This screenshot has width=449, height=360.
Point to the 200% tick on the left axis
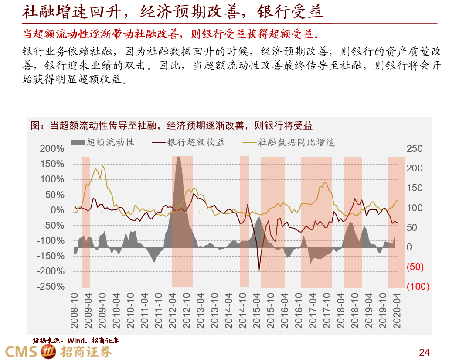point(52,149)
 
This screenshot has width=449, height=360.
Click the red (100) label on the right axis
point(418,287)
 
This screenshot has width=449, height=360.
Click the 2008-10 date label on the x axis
point(75,310)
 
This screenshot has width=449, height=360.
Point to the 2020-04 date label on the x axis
point(397,310)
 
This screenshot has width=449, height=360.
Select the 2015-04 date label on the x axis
point(257,310)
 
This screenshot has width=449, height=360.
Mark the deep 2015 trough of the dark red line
point(259,271)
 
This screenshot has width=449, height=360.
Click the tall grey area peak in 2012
point(178,157)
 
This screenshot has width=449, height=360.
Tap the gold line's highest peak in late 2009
point(102,166)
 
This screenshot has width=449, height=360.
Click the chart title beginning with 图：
point(172,126)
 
